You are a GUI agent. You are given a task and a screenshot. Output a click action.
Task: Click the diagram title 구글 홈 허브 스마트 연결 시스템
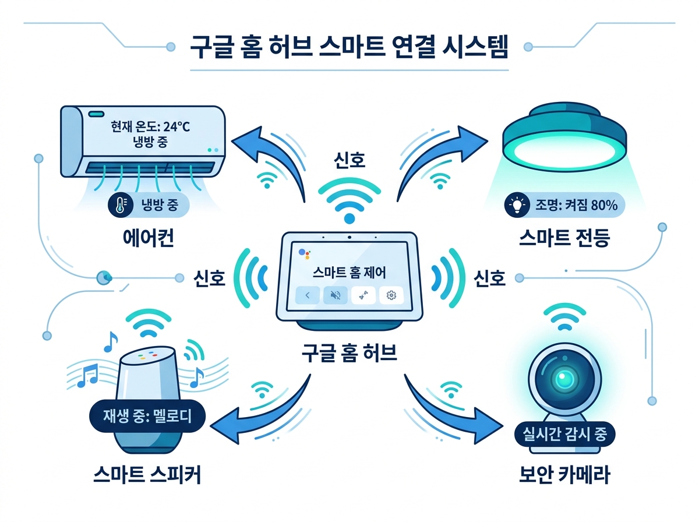349,47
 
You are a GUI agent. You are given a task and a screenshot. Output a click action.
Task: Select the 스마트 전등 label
564,238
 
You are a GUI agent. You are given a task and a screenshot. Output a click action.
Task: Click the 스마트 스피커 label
147,475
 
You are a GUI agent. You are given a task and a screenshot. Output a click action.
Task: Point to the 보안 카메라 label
564,475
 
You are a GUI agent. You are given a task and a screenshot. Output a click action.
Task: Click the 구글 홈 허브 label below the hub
349,353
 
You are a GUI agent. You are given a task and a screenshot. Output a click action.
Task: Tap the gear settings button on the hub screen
391,295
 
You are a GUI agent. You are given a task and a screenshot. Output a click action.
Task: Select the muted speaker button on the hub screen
336,295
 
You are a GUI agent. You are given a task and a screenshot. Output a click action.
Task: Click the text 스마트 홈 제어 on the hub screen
349,273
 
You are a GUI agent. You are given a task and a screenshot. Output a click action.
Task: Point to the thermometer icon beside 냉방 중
121,204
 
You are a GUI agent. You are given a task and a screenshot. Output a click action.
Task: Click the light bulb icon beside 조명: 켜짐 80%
517,204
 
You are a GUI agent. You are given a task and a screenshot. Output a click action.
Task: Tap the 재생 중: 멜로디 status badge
147,416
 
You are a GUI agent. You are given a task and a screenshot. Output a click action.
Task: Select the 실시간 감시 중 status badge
564,434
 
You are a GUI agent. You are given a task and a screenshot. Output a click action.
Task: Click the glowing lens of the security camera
562,378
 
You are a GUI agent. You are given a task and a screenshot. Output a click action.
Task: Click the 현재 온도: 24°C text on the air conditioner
150,127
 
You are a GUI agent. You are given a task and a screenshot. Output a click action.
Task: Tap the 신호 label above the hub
349,160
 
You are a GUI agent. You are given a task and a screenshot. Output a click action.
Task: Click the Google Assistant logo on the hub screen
305,254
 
